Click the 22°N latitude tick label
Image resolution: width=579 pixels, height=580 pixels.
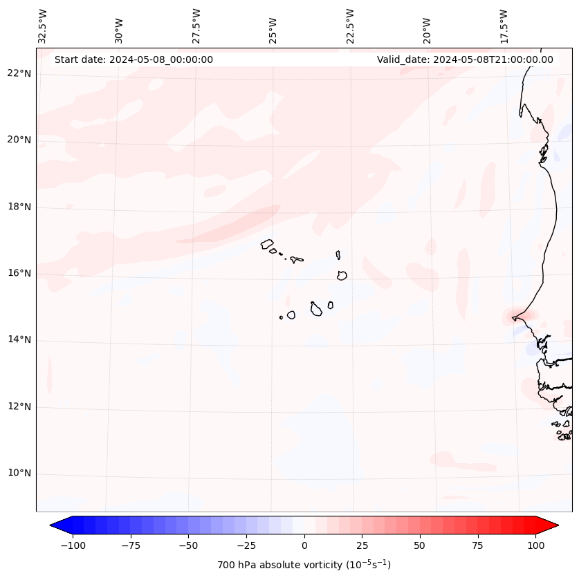click(20, 73)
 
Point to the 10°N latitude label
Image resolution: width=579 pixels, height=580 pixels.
click(20, 474)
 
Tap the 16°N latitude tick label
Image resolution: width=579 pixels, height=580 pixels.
click(20, 273)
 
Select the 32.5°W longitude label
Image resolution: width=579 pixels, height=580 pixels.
click(43, 26)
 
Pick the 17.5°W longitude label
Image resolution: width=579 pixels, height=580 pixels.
click(504, 26)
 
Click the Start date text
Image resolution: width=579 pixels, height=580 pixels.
click(134, 59)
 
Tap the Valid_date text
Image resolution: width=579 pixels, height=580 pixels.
click(465, 59)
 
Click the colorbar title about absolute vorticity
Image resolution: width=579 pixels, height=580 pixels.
click(304, 565)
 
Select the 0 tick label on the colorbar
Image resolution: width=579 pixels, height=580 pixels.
click(304, 545)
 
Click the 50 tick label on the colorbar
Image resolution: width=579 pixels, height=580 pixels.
click(420, 545)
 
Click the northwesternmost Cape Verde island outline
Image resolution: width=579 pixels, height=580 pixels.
click(267, 243)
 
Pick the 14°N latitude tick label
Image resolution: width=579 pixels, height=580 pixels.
click(20, 339)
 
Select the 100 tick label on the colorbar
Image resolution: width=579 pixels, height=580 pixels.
click(535, 545)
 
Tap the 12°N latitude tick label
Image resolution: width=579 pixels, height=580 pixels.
click(20, 406)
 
